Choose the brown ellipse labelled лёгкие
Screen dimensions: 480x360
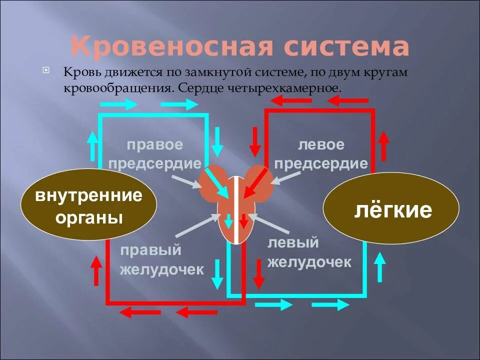(390, 210)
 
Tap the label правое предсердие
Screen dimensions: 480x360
(154, 154)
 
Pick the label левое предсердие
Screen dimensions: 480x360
(321, 154)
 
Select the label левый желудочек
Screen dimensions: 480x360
(309, 253)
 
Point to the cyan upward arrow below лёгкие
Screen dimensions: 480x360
(380, 266)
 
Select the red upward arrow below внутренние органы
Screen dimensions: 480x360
(95, 270)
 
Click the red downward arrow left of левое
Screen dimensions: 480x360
(255, 140)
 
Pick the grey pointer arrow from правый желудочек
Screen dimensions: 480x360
(195, 225)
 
